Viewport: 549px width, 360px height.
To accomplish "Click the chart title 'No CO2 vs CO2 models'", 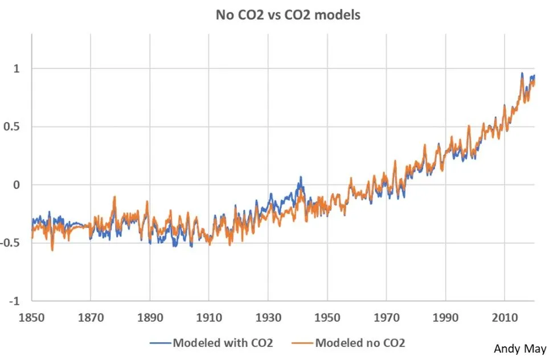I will [288, 15].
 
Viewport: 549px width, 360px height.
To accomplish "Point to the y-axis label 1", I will [17, 68].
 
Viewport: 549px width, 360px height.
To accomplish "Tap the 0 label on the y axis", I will [17, 185].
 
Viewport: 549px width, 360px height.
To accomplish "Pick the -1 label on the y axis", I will [15, 301].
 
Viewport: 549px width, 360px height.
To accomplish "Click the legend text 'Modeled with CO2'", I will [223, 342].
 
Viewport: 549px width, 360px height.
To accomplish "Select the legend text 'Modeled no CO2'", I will [360, 342].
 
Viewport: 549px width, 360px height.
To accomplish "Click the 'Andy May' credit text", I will [520, 349].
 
